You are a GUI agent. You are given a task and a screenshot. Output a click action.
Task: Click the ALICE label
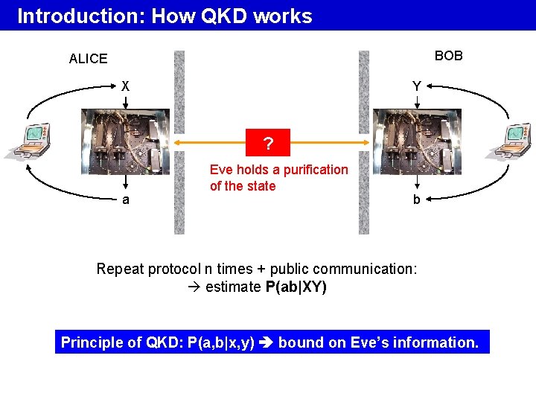pyautogui.click(x=88, y=59)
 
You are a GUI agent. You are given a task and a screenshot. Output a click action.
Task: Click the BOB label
pyautogui.click(x=448, y=56)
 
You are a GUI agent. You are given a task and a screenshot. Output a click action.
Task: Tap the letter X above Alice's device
pyautogui.click(x=126, y=86)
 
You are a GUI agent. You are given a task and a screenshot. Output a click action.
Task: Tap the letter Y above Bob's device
pyautogui.click(x=417, y=86)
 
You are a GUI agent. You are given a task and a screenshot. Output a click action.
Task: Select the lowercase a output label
pyautogui.click(x=126, y=200)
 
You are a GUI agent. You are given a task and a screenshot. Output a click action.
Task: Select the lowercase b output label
pyautogui.click(x=417, y=200)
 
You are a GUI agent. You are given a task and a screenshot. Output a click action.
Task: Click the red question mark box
pyautogui.click(x=269, y=142)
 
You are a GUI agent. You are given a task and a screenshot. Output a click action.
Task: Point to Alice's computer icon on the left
pyautogui.click(x=31, y=141)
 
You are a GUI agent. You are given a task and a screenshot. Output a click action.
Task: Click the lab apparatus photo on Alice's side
pyautogui.click(x=125, y=142)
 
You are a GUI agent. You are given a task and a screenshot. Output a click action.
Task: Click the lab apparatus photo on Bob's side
pyautogui.click(x=417, y=142)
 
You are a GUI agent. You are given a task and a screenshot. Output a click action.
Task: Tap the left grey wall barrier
pyautogui.click(x=179, y=142)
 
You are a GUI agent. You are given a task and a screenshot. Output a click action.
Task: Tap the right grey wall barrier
pyautogui.click(x=363, y=142)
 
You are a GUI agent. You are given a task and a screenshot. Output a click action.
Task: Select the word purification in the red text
pyautogui.click(x=315, y=170)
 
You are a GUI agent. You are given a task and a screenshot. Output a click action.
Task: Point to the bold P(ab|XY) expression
pyautogui.click(x=296, y=287)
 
